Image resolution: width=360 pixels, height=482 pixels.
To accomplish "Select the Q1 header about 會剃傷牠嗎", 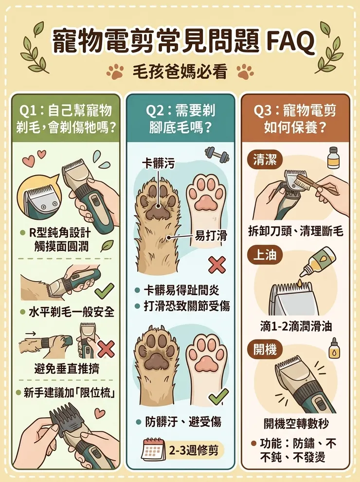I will [65, 119].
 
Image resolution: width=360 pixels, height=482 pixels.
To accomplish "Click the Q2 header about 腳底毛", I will [180, 119].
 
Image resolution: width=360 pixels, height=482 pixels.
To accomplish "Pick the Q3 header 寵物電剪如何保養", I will [295, 119].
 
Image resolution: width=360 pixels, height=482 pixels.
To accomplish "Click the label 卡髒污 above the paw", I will [158, 164].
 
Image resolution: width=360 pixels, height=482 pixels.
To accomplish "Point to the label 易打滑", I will [211, 236].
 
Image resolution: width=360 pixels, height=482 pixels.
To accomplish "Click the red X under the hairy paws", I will [216, 265].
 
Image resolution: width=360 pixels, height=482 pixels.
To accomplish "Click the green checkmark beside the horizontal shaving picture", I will [104, 291].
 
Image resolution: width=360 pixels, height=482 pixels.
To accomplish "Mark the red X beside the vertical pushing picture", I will [106, 348].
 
